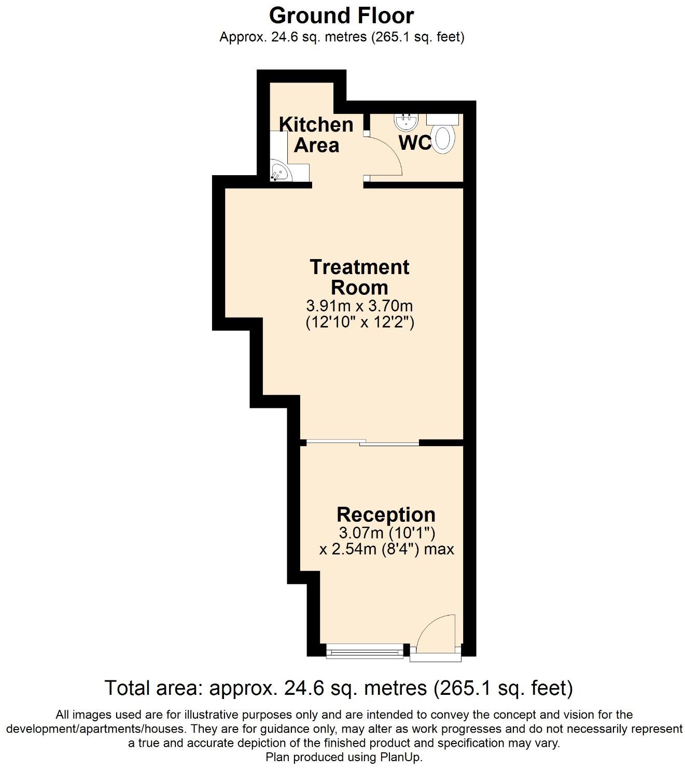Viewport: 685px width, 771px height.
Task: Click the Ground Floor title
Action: pos(341,16)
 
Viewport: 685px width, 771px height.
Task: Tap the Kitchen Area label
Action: pos(316,135)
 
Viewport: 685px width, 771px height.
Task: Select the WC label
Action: pos(415,142)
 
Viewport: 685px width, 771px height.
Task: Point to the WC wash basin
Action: pos(406,122)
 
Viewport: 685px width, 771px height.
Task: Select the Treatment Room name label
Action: pos(359,277)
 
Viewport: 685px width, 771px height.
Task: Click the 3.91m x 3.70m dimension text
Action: pos(359,306)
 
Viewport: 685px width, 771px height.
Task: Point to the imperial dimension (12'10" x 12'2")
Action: pos(359,322)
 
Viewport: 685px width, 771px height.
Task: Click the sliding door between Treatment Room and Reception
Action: pos(362,442)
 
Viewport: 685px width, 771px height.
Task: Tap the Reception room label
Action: pos(386,515)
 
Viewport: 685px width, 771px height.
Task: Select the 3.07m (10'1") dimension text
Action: pos(386,532)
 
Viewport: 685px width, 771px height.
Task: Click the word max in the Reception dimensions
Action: pos(439,549)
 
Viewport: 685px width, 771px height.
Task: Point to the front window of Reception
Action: pos(365,652)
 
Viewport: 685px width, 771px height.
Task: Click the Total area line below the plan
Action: pos(339,688)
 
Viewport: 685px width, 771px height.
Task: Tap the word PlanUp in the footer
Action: pos(400,757)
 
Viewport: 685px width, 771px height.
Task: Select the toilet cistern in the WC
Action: pos(443,119)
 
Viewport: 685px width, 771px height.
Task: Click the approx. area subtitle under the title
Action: pos(341,37)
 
